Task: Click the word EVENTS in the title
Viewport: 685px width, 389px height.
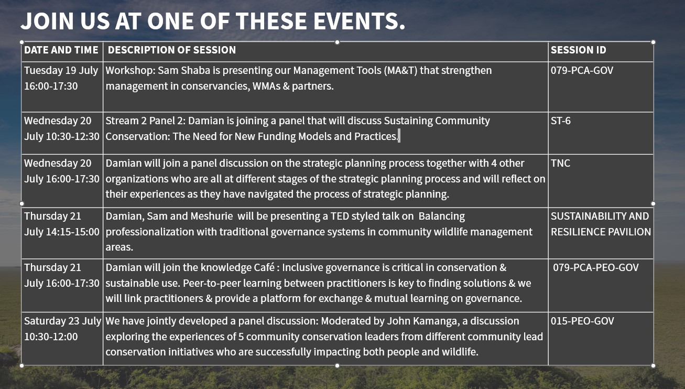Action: click(x=360, y=21)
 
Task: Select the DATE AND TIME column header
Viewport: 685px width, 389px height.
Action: click(x=61, y=50)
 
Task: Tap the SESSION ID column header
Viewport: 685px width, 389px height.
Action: click(x=578, y=50)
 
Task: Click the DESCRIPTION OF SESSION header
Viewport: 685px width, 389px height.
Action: click(x=172, y=50)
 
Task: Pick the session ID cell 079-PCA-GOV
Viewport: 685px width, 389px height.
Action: click(x=582, y=70)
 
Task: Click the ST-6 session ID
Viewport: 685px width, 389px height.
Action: click(x=561, y=121)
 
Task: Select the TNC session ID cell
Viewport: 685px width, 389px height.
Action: click(x=560, y=163)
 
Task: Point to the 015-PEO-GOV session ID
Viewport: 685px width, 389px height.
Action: click(x=582, y=321)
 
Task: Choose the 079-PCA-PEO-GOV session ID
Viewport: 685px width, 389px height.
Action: click(x=596, y=267)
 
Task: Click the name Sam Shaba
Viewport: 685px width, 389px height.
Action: click(x=184, y=70)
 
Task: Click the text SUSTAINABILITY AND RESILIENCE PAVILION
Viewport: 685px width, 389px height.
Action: click(x=601, y=224)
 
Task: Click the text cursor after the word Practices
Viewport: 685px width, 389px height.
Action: click(x=399, y=136)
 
